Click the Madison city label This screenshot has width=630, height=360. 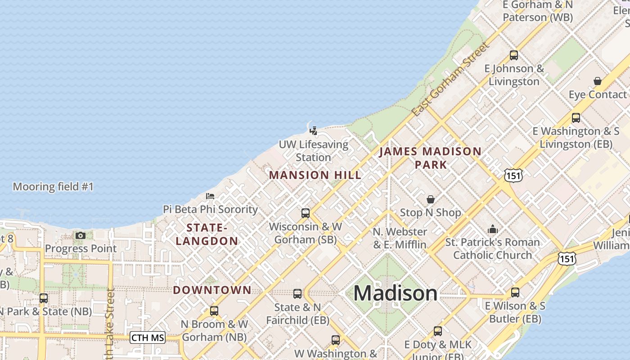point(395,293)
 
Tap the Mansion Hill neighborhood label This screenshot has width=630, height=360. point(315,175)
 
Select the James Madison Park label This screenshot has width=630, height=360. point(430,157)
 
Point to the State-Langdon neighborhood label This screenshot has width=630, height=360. point(207,234)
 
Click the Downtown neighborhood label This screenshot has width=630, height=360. point(212,290)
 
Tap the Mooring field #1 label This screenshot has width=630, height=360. point(53,187)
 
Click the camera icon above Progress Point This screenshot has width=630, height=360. point(81,235)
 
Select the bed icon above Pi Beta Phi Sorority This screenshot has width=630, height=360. point(210,196)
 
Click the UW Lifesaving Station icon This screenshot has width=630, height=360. point(314,131)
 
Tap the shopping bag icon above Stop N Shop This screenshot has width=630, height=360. point(431,199)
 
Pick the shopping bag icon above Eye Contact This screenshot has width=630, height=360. point(598,81)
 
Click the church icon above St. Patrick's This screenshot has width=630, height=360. point(493,229)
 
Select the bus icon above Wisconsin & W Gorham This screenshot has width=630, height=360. point(306,213)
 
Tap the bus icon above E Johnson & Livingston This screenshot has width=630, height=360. point(514,55)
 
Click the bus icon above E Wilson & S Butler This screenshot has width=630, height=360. point(515,292)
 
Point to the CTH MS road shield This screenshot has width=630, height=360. point(148,337)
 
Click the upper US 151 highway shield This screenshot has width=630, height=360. point(513,175)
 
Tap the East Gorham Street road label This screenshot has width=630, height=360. point(450,79)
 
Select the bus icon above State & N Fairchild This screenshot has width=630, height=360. point(297,294)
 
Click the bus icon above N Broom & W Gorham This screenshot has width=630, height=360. point(214,310)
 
